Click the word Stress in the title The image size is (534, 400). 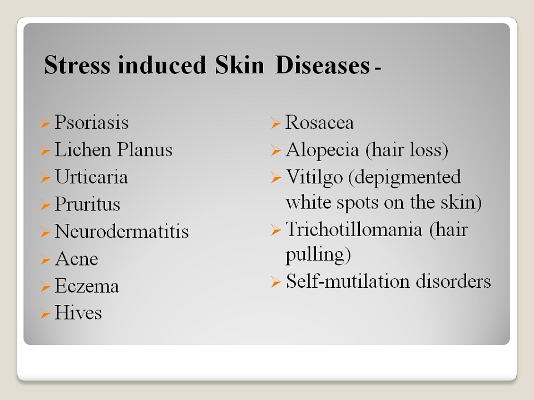point(77,64)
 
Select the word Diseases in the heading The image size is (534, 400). point(322,64)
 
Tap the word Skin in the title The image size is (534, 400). point(239,64)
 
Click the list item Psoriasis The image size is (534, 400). point(92,122)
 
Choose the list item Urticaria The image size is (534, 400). point(91,177)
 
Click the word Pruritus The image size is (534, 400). point(87,204)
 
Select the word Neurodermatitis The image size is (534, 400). point(122,231)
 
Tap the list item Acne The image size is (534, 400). point(77,258)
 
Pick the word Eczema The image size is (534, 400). point(87,286)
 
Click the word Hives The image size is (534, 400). point(78,313)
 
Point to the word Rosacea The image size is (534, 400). point(319,122)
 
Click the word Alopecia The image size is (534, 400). point(322,149)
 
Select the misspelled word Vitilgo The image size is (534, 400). point(314,177)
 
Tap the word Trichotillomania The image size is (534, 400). point(354,229)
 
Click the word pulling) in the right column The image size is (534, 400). point(318,255)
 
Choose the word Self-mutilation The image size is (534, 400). point(348,281)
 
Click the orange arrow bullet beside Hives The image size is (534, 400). point(45,313)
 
